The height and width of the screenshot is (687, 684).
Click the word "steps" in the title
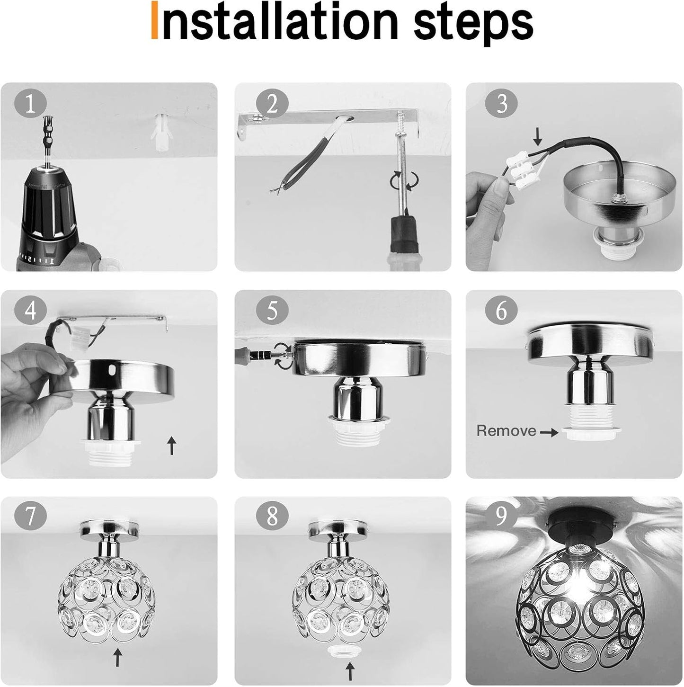click(472, 24)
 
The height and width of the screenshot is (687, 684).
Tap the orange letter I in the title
click(154, 19)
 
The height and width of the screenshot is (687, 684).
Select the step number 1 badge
click(31, 105)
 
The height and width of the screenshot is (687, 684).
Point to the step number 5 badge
click(272, 311)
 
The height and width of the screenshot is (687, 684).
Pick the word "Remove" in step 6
click(506, 431)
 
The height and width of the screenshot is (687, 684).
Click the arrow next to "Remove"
click(549, 433)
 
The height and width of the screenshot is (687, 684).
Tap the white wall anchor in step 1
click(161, 132)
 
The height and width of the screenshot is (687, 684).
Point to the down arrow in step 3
click(538, 137)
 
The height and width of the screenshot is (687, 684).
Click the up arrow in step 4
click(172, 446)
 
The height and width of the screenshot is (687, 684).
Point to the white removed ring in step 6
click(591, 435)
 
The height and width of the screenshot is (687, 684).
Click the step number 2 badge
click(272, 105)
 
